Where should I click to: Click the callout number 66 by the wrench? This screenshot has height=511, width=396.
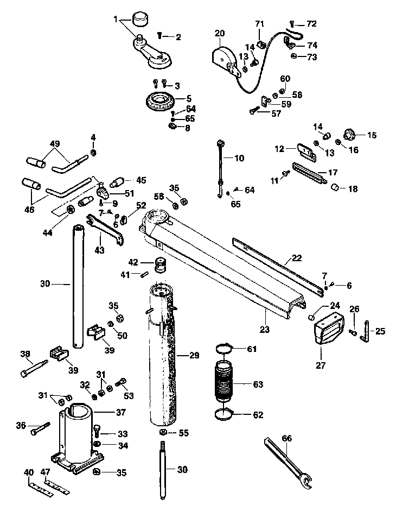coord(286,438)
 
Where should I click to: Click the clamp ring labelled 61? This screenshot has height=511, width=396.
coord(225,349)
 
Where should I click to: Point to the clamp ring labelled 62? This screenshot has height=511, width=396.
coord(224,415)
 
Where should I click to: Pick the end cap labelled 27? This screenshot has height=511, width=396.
coord(329,328)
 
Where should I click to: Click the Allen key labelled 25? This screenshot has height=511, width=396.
coord(366,331)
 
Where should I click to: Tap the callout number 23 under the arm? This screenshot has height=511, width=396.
coord(264,329)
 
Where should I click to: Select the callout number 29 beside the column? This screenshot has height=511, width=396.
coord(194,355)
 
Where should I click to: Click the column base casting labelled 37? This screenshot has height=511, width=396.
coord(78,437)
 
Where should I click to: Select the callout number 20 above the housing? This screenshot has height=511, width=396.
coord(220,33)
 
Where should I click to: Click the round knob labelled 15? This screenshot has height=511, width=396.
coord(350,134)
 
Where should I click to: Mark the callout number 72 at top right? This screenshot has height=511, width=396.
coord(311,24)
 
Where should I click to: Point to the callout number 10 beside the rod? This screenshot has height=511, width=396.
coord(239,159)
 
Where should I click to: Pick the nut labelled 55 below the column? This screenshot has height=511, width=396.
coord(163,432)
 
